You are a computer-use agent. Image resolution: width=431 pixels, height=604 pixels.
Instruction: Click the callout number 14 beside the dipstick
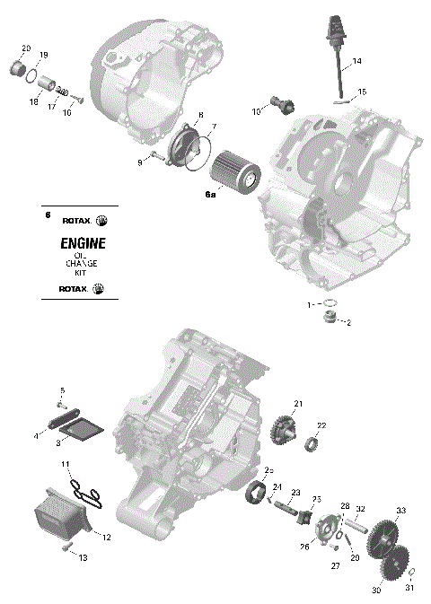(357, 61)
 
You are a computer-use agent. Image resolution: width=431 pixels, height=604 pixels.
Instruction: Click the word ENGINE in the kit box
(83, 243)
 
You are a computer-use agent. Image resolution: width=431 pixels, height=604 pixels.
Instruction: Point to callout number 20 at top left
(25, 48)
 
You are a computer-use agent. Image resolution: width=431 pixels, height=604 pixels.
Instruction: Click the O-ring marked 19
(32, 72)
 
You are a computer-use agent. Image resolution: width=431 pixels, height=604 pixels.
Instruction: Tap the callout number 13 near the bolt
(83, 558)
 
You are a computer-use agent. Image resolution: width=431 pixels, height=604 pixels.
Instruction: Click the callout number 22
(321, 425)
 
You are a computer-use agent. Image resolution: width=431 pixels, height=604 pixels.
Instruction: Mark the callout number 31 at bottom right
(409, 588)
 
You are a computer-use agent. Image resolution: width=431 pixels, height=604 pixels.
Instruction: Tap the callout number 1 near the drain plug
(312, 304)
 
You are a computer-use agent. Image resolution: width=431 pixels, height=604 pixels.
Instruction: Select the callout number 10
(256, 111)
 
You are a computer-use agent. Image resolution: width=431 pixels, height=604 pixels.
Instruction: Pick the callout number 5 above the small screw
(63, 390)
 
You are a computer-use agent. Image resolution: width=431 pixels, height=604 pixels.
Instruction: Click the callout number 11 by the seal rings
(66, 463)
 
